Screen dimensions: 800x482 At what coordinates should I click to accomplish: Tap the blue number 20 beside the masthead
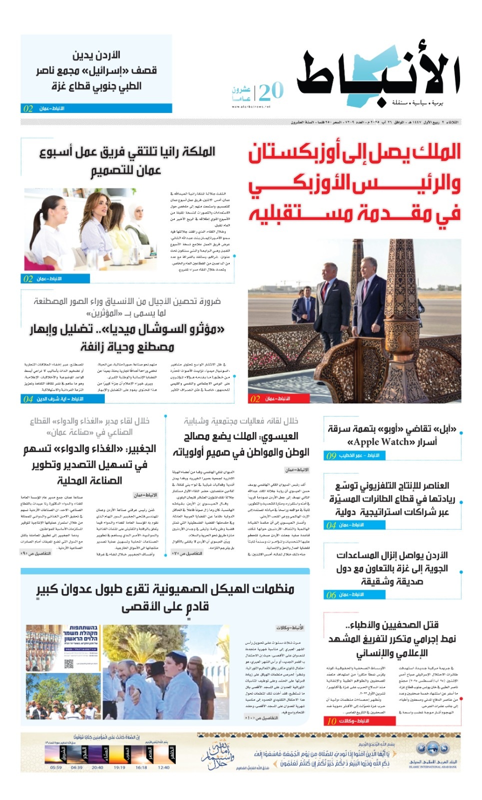(271, 91)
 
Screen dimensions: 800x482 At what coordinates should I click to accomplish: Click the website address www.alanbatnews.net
(251, 106)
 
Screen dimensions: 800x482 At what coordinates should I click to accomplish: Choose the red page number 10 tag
(332, 721)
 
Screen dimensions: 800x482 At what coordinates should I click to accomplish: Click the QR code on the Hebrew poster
(69, 664)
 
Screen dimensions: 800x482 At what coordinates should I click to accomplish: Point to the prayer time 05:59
(56, 767)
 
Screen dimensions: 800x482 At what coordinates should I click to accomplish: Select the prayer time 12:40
(163, 767)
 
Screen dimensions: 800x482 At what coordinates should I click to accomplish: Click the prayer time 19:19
(120, 767)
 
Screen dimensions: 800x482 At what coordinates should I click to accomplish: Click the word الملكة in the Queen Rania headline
(198, 151)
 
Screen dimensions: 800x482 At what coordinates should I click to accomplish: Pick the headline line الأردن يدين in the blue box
(96, 55)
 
